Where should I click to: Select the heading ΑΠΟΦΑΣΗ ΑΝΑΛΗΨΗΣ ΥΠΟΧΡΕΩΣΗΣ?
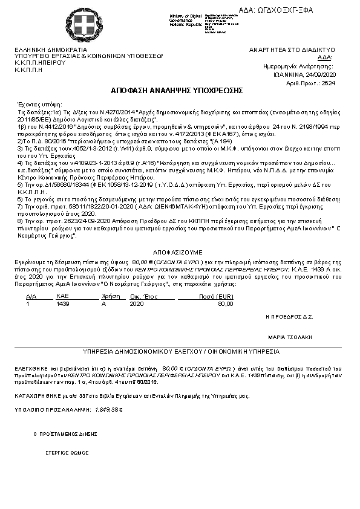pos(177,90)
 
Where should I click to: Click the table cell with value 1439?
pos(63,304)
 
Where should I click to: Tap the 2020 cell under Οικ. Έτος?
pos(137,304)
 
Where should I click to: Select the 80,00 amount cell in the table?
pos(225,304)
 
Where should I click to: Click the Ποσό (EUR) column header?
pos(216,297)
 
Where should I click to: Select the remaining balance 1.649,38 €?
pos(109,409)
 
